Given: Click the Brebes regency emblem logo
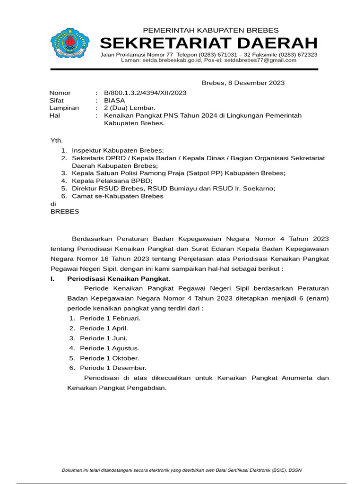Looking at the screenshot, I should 69,43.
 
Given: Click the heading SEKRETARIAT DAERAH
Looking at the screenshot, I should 208,43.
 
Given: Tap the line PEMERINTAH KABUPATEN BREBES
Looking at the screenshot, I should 211,30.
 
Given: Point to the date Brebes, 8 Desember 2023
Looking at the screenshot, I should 243,83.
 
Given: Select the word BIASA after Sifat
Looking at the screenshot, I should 114,100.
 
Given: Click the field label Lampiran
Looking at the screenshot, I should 64,108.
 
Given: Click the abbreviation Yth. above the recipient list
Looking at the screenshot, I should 56,141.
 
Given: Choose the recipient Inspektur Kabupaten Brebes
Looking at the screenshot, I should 118,150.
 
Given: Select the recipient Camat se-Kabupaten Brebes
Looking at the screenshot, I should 118,196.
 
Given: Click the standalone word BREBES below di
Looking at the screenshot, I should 65,211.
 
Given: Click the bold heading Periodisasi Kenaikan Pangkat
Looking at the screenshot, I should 118,278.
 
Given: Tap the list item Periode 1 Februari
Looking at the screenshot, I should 110,318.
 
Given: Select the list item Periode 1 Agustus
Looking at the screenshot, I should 110,348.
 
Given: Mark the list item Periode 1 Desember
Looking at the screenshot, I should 113,368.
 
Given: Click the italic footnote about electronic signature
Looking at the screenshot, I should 181,470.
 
